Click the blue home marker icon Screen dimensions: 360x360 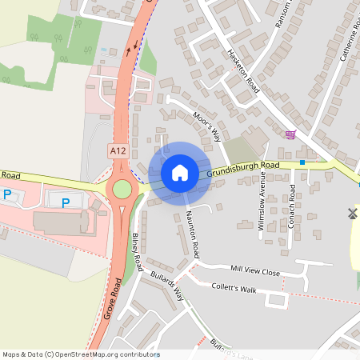click(180, 172)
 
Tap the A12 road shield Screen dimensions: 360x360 click(118, 150)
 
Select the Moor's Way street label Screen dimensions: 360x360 click(206, 126)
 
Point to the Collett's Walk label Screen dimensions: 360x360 click(234, 288)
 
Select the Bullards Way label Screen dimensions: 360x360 click(167, 286)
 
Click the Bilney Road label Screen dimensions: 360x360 click(137, 251)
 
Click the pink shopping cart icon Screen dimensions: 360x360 click(290, 134)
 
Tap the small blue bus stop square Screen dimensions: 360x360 click(302, 162)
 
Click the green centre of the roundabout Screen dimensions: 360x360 click(122, 189)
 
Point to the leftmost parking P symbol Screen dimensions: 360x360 click(7, 194)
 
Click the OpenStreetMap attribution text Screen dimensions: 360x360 click(81, 354)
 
